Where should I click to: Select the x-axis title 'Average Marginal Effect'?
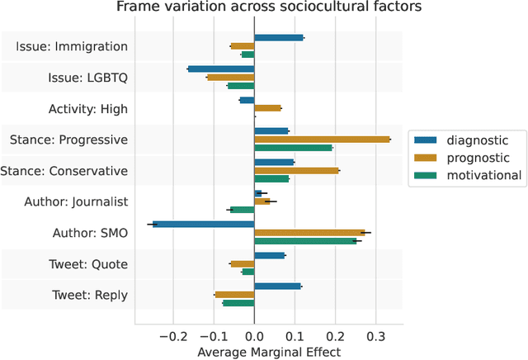pos(269,352)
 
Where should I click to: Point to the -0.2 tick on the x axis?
pos(173,336)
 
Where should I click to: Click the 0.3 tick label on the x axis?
pos(375,336)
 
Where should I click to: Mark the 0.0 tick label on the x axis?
pos(254,336)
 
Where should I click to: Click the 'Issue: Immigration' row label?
pos(72,47)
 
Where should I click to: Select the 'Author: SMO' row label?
pos(89,233)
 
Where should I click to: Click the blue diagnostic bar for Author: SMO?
pos(203,224)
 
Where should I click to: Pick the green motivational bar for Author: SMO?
pos(305,241)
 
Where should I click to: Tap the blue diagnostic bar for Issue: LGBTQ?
pos(221,69)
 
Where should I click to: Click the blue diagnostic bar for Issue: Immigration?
pos(279,38)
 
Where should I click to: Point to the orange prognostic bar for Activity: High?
pos(267,108)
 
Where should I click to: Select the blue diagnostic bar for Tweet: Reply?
pos(277,287)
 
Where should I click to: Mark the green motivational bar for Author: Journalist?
pos(242,210)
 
